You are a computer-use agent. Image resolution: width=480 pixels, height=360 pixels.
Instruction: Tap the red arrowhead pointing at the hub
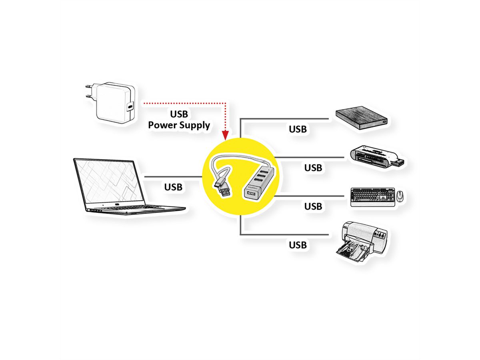225,135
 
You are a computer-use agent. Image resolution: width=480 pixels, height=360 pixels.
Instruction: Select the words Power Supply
179,125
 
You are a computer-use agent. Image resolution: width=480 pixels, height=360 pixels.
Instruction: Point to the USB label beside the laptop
173,187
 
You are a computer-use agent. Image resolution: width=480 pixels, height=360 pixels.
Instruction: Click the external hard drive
362,118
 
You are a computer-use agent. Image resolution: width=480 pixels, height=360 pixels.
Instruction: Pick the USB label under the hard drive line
298,129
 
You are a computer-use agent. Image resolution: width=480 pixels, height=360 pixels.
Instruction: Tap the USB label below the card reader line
313,168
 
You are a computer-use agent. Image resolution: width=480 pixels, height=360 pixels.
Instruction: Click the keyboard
373,197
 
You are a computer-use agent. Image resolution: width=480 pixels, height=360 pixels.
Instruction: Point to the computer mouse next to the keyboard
400,196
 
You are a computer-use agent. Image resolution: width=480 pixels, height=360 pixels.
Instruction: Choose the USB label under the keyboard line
313,206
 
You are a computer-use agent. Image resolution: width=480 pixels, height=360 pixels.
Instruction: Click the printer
362,242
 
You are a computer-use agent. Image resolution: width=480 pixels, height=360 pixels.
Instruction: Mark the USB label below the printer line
298,245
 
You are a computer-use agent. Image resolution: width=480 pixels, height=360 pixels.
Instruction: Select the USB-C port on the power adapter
130,107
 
